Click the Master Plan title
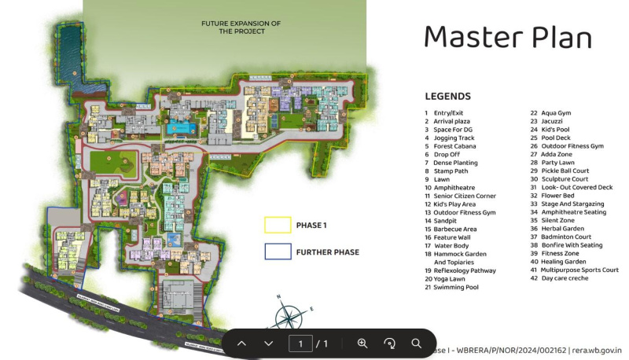point(507,37)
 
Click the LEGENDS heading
point(447,97)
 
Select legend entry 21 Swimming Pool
point(455,288)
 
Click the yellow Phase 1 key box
point(277,226)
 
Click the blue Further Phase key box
point(277,252)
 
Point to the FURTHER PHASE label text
point(327,252)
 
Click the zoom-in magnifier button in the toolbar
point(362,343)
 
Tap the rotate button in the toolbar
point(389,343)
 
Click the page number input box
point(300,343)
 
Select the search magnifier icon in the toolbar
point(417,343)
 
